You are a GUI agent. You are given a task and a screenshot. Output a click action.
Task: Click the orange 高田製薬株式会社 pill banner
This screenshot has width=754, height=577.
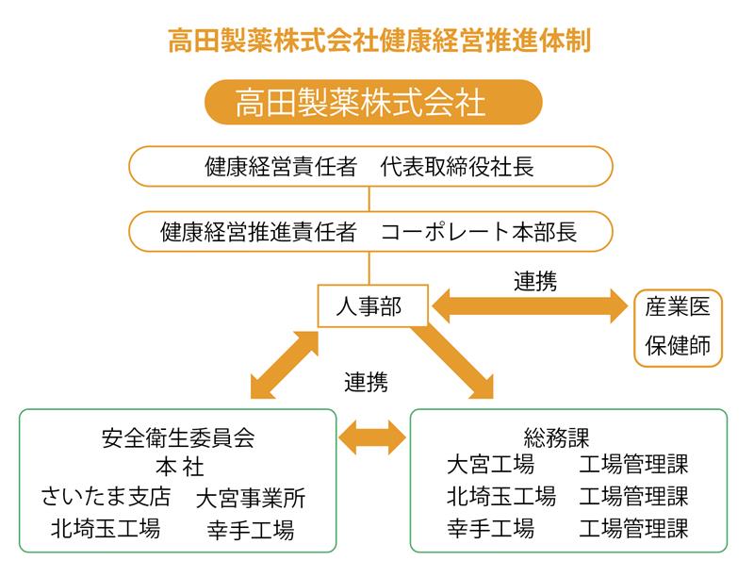point(373,102)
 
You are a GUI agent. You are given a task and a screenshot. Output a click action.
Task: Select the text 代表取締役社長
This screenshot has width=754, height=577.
point(457,167)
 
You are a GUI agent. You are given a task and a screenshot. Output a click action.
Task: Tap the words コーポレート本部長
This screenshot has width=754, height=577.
point(479,232)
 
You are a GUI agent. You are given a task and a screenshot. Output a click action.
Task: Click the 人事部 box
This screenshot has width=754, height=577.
point(372,305)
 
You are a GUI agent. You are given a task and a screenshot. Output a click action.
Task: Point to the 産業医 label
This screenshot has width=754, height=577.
point(678,306)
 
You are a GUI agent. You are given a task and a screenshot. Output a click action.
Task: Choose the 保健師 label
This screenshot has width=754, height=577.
point(678,345)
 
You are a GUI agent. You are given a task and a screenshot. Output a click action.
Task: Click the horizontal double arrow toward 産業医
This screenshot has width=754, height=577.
point(530,305)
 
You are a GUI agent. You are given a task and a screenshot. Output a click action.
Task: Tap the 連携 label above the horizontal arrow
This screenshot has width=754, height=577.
point(535,281)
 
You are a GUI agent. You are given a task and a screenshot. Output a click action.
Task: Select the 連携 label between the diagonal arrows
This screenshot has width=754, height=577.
point(366,383)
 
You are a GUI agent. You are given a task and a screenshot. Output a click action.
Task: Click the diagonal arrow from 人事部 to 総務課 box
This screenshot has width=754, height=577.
point(452,362)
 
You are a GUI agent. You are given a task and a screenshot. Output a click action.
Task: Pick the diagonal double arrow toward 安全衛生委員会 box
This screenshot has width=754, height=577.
point(285,365)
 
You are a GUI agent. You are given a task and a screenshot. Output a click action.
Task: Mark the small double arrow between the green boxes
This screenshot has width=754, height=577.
point(372,437)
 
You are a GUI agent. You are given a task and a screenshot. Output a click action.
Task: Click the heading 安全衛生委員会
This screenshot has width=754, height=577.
point(178,438)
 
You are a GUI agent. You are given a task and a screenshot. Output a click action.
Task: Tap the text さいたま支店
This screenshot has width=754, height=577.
point(106,497)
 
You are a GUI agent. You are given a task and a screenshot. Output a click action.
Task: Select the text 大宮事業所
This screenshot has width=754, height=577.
point(251,498)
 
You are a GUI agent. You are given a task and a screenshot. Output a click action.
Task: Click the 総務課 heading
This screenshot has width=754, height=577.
point(556,437)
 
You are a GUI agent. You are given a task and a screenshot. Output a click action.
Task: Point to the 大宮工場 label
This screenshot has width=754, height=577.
point(490,465)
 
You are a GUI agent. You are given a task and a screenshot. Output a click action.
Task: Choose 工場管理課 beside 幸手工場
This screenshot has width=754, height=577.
point(633,528)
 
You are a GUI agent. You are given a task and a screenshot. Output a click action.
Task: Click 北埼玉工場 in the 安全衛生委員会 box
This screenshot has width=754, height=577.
point(106,528)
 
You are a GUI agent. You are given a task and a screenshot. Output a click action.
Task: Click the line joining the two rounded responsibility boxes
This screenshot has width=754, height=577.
point(369,199)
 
